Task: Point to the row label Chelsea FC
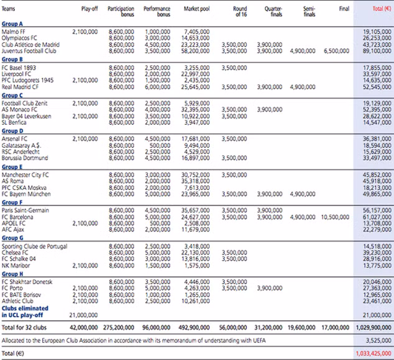[x=15, y=252]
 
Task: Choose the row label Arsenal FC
[x=15, y=138]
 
